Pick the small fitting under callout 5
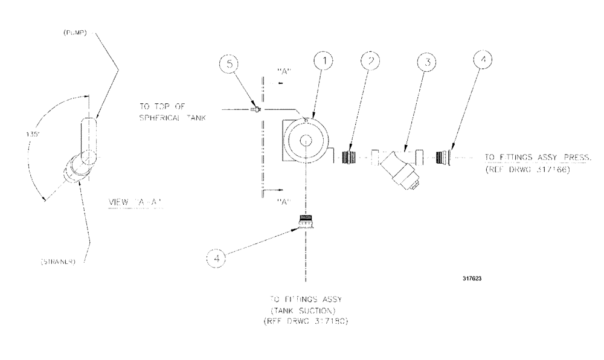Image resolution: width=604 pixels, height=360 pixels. click(255, 109)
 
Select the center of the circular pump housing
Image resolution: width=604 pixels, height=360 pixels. click(307, 141)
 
